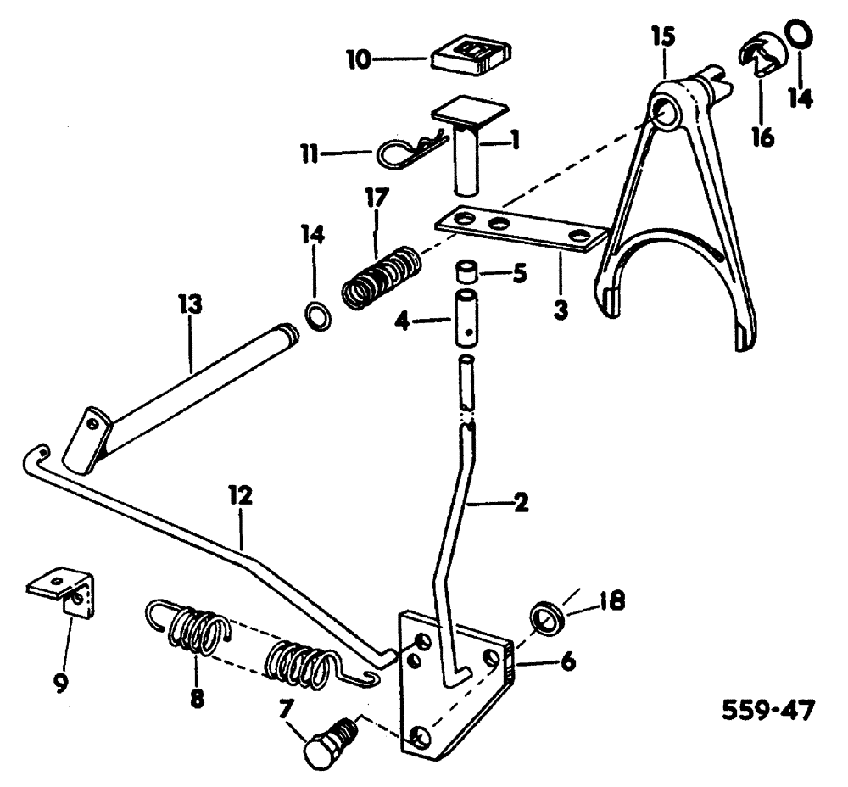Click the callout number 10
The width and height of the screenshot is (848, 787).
[x=359, y=59]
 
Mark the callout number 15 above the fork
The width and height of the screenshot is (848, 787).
[x=664, y=38]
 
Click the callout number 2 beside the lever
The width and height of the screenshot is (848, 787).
[x=521, y=503]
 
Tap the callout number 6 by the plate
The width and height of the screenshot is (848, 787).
[x=566, y=661]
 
